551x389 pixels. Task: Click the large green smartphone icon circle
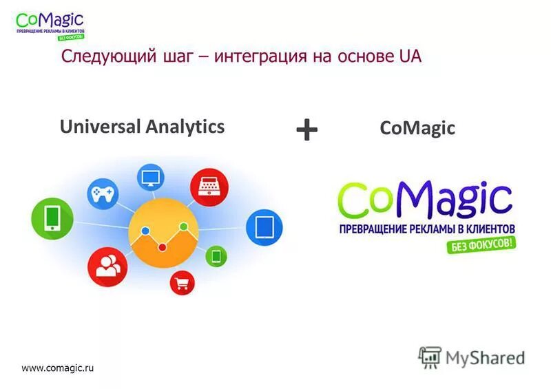pyautogui.click(x=52, y=219)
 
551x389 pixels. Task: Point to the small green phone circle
pyautogui.click(x=216, y=257)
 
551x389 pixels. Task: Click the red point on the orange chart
pyautogui.click(x=163, y=246)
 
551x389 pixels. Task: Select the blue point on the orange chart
pyautogui.click(x=145, y=231)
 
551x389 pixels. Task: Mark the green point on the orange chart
pyautogui.click(x=183, y=227)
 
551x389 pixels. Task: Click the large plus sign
pyautogui.click(x=306, y=129)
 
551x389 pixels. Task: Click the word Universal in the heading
pyautogui.click(x=100, y=126)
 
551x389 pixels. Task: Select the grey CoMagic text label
pyautogui.click(x=417, y=129)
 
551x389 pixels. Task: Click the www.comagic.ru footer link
pyautogui.click(x=57, y=368)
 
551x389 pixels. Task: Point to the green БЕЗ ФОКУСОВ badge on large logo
pyautogui.click(x=483, y=244)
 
